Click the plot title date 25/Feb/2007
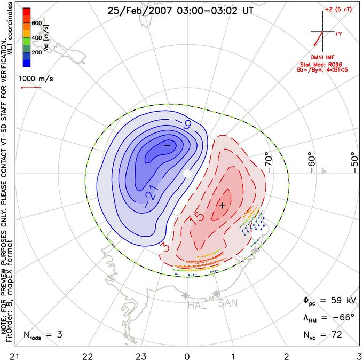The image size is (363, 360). coord(139,11)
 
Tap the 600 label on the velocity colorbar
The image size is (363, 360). coord(37,23)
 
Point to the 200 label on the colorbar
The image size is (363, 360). coord(37,52)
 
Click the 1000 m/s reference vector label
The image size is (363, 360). coord(36,79)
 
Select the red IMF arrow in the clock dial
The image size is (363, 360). coord(318,38)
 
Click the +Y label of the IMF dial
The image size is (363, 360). coord(338,34)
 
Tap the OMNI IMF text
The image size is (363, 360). coord(322,57)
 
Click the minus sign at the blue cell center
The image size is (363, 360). coord(167,145)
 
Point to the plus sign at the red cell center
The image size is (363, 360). coord(222,206)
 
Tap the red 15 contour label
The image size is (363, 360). coord(197,218)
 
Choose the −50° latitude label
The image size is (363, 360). coord(354,162)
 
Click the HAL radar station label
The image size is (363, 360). coord(197,305)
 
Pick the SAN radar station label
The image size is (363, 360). coord(228,303)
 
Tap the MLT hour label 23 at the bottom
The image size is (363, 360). coord(141,356)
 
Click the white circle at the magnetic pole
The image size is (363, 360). coord(187,174)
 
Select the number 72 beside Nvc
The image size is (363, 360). coord(337,335)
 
